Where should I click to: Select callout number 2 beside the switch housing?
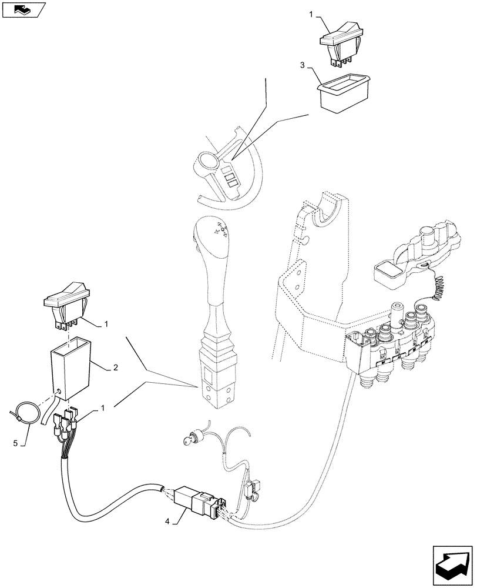(x=116, y=367)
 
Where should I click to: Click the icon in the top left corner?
(x=23, y=9)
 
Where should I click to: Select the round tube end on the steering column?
(x=208, y=162)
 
